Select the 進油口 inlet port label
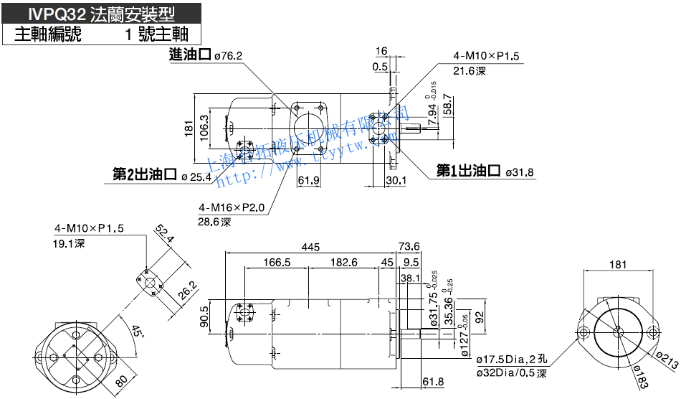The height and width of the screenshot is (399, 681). (x=189, y=55)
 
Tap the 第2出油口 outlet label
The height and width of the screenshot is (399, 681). (x=145, y=174)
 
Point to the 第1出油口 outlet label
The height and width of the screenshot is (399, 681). (x=469, y=171)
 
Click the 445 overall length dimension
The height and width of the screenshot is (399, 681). (x=310, y=248)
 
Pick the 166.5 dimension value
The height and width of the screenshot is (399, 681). (x=276, y=263)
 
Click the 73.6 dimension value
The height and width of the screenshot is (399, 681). (x=409, y=248)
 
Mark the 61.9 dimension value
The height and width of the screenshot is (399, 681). (x=308, y=180)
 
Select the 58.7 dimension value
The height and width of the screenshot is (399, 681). (x=448, y=105)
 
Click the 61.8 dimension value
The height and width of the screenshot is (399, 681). (x=434, y=381)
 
